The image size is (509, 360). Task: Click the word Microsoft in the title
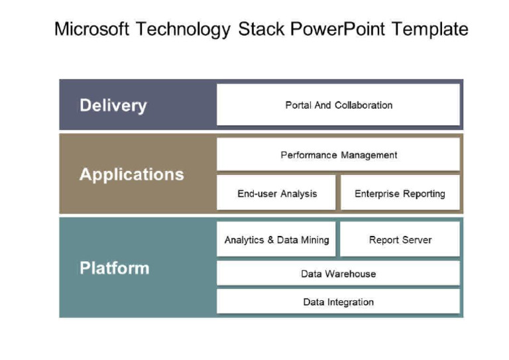[x=91, y=30]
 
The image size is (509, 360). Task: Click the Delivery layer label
[x=113, y=105]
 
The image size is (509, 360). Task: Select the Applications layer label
[x=131, y=174]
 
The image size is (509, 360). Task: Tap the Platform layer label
[x=114, y=268]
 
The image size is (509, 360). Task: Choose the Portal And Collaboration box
[x=338, y=105]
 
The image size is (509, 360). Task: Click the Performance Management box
[x=338, y=154]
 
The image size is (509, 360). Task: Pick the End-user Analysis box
[x=276, y=194]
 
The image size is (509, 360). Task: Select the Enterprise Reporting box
[x=400, y=194]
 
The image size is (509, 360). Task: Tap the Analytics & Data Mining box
[x=276, y=239]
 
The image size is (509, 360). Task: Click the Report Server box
[x=400, y=239]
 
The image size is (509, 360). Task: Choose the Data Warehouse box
[x=338, y=273]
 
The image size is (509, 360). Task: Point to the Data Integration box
[x=338, y=302]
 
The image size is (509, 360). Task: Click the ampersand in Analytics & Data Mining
[x=270, y=240]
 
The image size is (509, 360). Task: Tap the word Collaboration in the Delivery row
[x=363, y=105]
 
